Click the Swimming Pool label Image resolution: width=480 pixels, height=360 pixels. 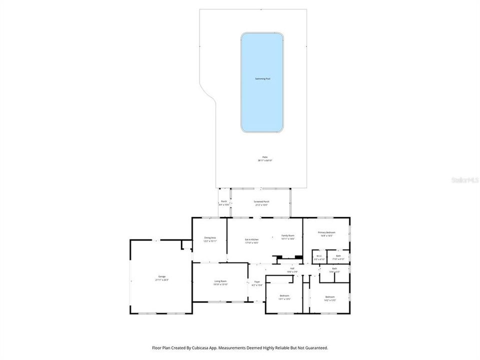pyautogui.click(x=262, y=78)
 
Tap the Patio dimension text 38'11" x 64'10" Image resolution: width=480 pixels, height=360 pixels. pyautogui.click(x=265, y=160)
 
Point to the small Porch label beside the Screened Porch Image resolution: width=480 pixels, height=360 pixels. pyautogui.click(x=223, y=201)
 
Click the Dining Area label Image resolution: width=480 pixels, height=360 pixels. pyautogui.click(x=210, y=237)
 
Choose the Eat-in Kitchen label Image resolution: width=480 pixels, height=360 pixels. pyautogui.click(x=251, y=239)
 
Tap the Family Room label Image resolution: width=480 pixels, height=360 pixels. pyautogui.click(x=288, y=235)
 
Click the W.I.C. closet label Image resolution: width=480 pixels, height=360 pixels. pyautogui.click(x=319, y=256)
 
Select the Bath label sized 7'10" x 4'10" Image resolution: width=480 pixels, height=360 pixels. pyautogui.click(x=338, y=256)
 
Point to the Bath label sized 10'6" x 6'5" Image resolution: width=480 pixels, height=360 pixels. pyautogui.click(x=334, y=269)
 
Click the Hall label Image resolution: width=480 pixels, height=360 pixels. pyautogui.click(x=292, y=268)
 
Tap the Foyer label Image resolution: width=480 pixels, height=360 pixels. pyautogui.click(x=257, y=282)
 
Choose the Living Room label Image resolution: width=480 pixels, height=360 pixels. pyautogui.click(x=220, y=281)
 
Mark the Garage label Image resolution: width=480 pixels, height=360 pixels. pyautogui.click(x=162, y=276)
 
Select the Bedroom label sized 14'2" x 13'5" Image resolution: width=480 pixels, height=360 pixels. pyautogui.click(x=329, y=297)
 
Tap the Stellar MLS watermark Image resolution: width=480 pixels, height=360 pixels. pyautogui.click(x=464, y=179)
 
